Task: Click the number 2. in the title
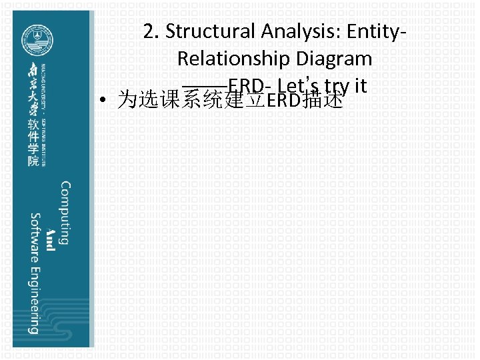click(x=151, y=31)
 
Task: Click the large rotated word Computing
click(x=65, y=213)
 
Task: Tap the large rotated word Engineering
click(x=33, y=299)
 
